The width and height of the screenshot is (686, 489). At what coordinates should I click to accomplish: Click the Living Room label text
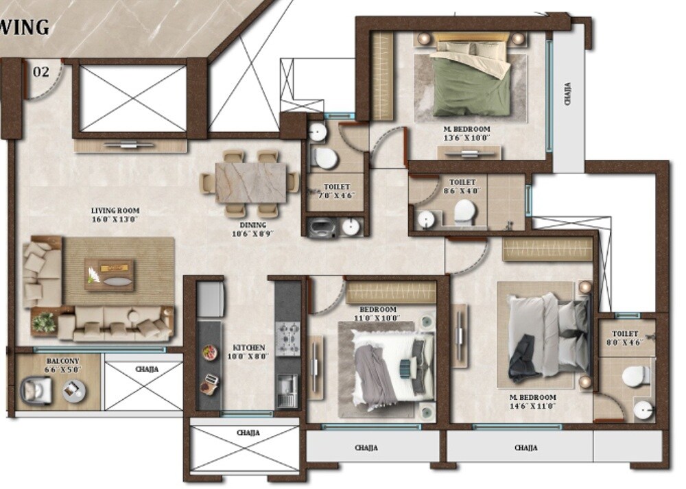(x=115, y=215)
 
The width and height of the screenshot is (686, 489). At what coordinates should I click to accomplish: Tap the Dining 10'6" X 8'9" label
(x=253, y=229)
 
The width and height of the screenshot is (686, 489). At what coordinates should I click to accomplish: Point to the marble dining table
(x=250, y=181)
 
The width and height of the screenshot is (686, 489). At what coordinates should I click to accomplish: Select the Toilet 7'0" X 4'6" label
(x=336, y=191)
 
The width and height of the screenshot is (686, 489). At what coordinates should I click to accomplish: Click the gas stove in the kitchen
(x=287, y=338)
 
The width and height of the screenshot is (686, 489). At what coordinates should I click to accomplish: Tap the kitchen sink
(x=287, y=391)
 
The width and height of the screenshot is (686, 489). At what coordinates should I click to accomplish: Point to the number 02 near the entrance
(x=41, y=71)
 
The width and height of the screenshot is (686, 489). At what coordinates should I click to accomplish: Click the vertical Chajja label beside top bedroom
(x=568, y=94)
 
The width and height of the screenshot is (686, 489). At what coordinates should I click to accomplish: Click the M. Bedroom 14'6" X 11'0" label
(x=528, y=402)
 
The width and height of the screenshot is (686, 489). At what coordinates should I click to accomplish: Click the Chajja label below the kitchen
(x=248, y=433)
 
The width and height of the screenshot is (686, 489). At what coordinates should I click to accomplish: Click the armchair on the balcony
(x=36, y=391)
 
